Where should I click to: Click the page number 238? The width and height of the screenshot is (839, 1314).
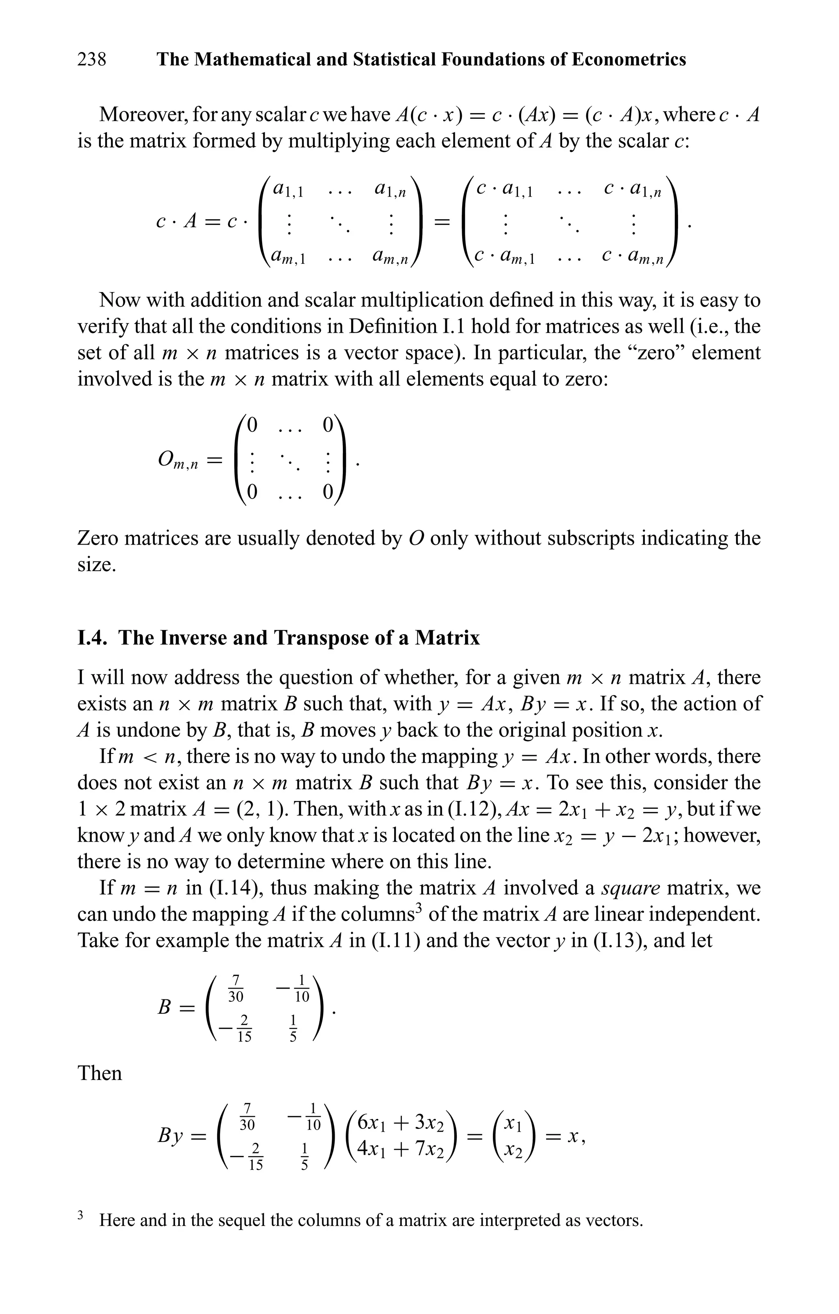pos(92,59)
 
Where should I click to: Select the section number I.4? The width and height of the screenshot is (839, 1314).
pos(94,638)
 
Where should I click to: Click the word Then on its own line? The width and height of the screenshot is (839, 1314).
pos(100,1073)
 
